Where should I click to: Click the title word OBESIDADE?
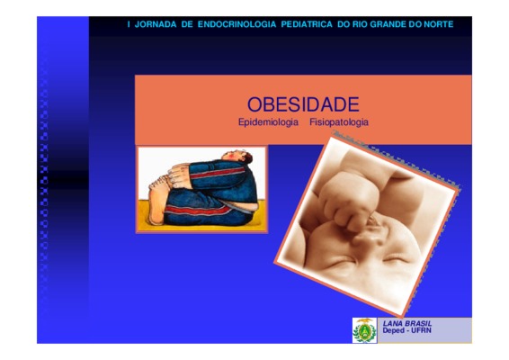click(303, 104)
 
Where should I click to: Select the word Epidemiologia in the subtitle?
click(268, 122)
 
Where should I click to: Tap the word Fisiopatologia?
click(339, 122)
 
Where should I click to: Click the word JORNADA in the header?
click(156, 24)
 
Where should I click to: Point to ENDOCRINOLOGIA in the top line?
click(237, 24)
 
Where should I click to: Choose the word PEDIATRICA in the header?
click(307, 24)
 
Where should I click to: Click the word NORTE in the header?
click(439, 24)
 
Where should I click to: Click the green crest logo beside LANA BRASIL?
click(364, 330)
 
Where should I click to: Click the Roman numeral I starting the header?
click(129, 24)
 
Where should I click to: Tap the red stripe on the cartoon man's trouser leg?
click(198, 211)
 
